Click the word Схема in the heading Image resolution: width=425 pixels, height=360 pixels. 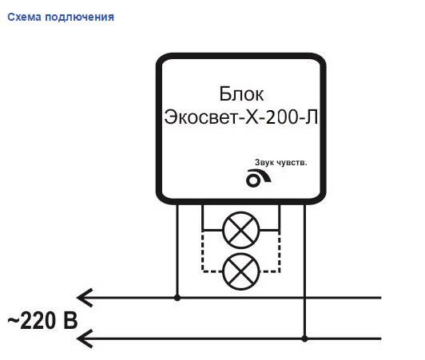point(25,17)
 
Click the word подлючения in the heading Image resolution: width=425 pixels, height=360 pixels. point(79,18)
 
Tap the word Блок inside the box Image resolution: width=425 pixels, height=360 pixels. point(241,93)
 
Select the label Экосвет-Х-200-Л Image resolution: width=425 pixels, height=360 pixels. point(241,117)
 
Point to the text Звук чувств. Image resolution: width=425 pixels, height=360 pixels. point(281,163)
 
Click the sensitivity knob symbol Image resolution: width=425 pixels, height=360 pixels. point(258,178)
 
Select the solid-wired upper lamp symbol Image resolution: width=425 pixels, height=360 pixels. point(241,230)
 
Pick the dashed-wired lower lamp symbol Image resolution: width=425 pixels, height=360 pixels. point(241,271)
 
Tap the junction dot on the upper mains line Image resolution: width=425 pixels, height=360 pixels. point(177,298)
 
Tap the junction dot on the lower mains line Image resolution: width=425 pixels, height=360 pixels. point(304,338)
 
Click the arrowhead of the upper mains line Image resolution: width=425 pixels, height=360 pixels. point(85,298)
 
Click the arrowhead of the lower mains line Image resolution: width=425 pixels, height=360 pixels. point(85,338)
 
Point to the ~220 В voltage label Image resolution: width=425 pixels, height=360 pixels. point(42,320)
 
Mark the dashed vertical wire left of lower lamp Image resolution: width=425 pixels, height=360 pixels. point(202,251)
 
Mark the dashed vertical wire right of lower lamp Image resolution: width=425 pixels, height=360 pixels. point(280,251)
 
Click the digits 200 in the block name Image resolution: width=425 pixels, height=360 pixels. point(282,117)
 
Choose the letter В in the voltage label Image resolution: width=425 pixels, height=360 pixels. point(70,320)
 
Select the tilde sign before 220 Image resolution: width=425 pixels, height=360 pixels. point(13,320)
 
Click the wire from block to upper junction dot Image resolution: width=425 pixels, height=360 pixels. point(177,250)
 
